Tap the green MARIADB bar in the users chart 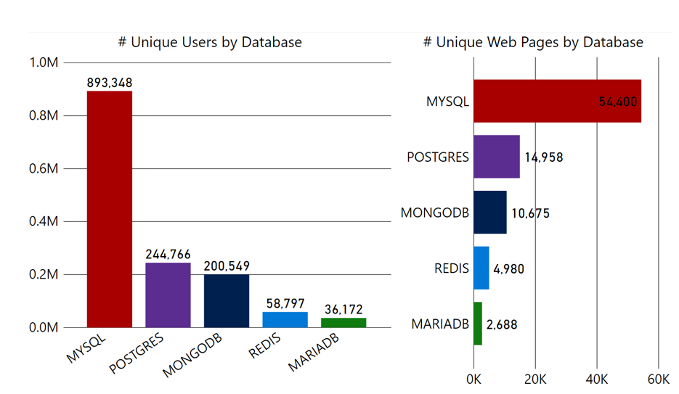pos(343,322)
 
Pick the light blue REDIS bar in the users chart pos(285,319)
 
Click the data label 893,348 pos(110,83)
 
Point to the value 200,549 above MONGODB pos(227,266)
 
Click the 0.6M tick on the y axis pos(44,169)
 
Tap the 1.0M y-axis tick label pos(44,63)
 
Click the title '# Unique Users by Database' pos(210,42)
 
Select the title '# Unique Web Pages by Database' pos(533,42)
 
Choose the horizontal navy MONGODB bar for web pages pos(489,213)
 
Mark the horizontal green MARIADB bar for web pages pos(477,324)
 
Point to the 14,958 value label pos(543,157)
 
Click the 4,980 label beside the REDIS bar pos(508,268)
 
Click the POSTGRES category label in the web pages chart pos(438,157)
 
